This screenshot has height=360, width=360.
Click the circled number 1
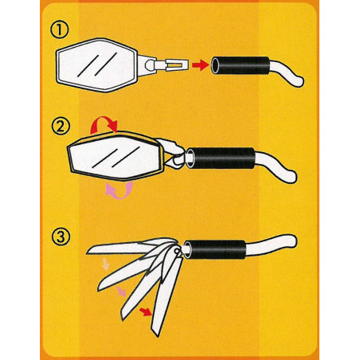60,29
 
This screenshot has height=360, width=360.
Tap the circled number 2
61,127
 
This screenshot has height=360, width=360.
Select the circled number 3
61,237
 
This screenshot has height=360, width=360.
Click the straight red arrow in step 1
201,65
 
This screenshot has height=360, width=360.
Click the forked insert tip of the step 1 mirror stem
178,65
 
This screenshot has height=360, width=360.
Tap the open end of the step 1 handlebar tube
215,65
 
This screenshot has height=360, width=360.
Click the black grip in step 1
241,65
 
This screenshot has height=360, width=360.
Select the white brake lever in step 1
288,74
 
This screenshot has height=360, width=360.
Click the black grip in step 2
222,158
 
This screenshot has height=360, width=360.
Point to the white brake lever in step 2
279,168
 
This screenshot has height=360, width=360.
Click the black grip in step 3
216,249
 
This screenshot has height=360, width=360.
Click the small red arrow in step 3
146,311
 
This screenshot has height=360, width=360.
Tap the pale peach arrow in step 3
105,264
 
